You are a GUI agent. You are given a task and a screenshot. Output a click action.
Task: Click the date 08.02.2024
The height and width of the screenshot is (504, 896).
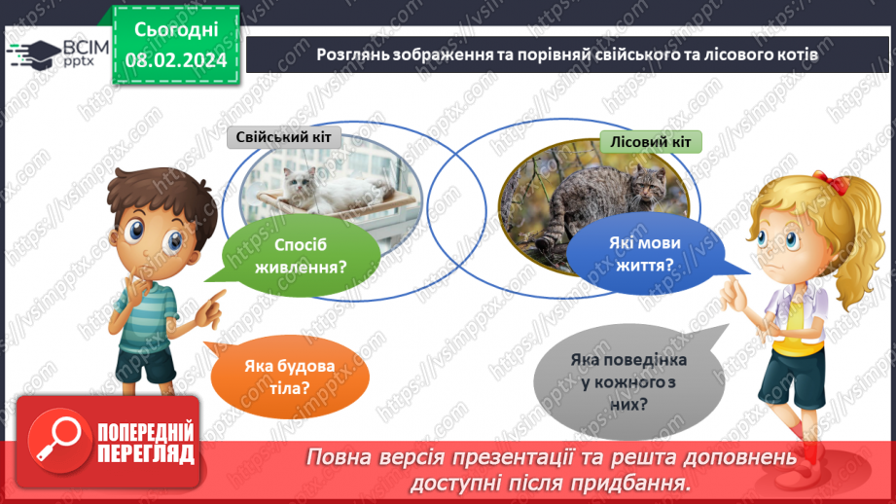click(176, 59)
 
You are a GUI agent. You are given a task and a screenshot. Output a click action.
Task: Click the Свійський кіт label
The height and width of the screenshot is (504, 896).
click(283, 137)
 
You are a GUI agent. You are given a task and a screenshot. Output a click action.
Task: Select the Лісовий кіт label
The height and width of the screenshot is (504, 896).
click(651, 142)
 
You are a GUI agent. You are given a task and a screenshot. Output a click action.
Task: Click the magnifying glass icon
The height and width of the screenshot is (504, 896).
click(56, 441)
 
